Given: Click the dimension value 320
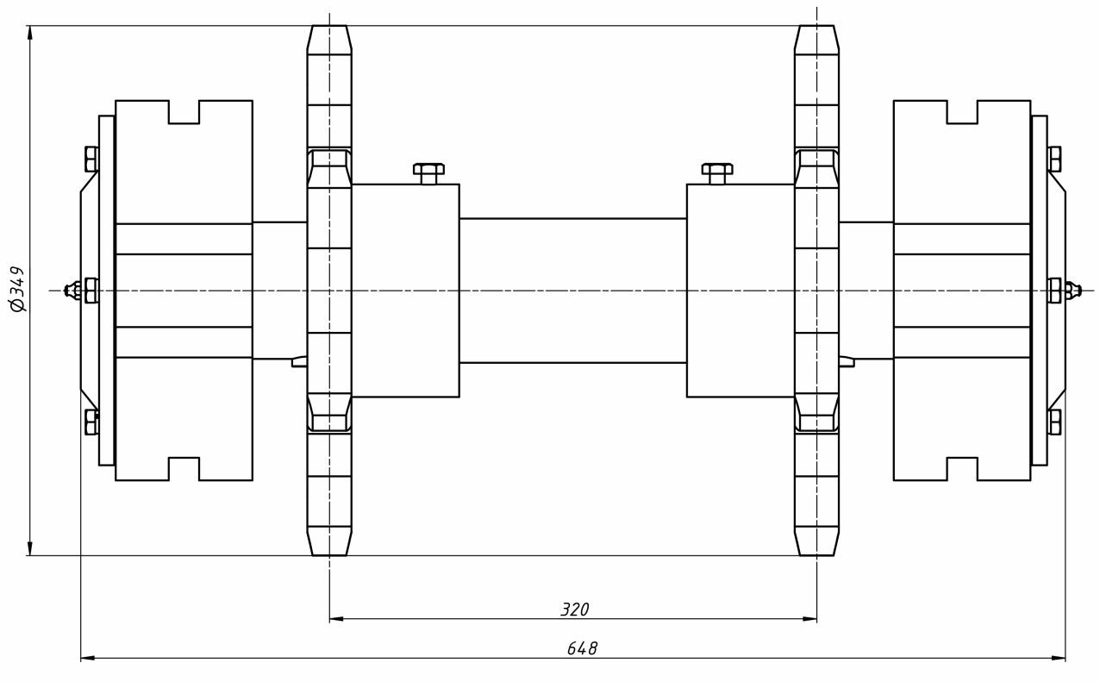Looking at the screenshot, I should [575, 610].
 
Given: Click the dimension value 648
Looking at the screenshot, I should [582, 648].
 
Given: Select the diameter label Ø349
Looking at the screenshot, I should [16, 288].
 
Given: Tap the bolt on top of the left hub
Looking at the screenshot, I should [428, 172].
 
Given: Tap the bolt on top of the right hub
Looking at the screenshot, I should [717, 172].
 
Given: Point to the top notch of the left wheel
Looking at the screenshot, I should [184, 112].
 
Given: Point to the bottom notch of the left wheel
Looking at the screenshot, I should [184, 468].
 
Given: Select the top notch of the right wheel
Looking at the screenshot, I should [962, 112].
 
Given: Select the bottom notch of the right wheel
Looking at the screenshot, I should [962, 468].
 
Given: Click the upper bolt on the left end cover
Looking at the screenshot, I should [91, 159].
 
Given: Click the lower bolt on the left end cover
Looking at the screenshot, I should [91, 422].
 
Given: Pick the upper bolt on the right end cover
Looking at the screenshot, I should [1054, 159].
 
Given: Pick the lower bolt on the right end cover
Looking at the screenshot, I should [1054, 422].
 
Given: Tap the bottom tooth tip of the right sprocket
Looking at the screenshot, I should [816, 552].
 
